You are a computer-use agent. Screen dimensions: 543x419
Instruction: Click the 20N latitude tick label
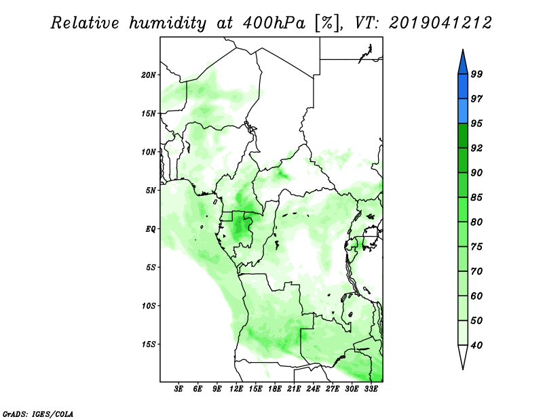[149, 75]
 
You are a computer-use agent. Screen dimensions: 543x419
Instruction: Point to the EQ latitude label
[150, 229]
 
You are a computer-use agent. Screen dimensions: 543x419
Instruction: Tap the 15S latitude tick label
[149, 344]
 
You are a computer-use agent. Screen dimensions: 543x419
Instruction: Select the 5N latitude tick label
[151, 191]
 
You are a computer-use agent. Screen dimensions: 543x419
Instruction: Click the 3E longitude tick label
[178, 389]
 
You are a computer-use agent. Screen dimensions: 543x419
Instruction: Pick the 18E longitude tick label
[274, 389]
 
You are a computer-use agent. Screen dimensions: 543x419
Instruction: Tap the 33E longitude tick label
[371, 389]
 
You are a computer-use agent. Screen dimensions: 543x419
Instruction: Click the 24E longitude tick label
[313, 389]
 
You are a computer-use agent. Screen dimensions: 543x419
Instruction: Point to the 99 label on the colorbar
[476, 74]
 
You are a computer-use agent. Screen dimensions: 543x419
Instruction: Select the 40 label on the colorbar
[476, 345]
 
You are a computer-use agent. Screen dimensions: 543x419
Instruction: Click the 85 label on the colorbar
[476, 197]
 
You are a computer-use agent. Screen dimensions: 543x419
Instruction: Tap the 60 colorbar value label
[476, 296]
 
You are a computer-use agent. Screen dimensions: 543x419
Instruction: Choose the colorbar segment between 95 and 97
[463, 111]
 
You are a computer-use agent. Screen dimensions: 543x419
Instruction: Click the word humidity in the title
[168, 24]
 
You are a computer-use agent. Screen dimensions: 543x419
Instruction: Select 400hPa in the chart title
[274, 23]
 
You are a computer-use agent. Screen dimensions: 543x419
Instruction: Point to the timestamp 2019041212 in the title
[440, 23]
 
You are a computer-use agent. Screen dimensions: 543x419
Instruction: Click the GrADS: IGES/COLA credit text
[38, 414]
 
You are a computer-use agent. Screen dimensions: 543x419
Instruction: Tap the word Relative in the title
[85, 23]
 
